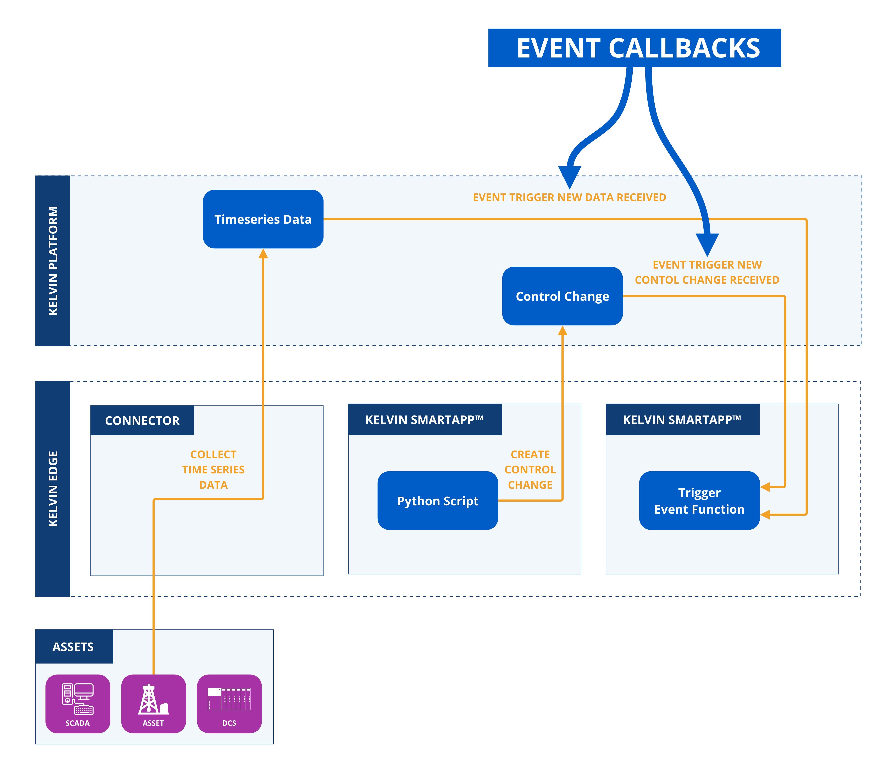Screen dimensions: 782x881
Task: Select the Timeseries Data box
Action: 263,219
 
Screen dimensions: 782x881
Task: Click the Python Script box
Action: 437,501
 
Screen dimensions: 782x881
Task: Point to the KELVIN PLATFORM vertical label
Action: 52,260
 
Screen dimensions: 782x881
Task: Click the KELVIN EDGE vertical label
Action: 52,488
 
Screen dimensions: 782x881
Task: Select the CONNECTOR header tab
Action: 142,420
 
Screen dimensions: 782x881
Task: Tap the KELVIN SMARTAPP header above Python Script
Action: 425,419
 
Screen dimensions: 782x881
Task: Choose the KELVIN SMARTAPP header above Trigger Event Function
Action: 682,419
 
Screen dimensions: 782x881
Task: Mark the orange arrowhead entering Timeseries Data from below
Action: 263,254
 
